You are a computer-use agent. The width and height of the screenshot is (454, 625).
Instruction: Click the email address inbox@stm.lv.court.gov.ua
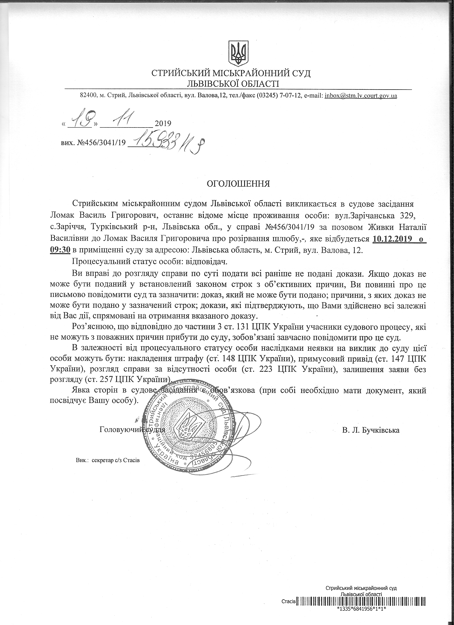pos(361,96)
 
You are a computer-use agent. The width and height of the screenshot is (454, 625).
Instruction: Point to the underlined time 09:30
pos(60,250)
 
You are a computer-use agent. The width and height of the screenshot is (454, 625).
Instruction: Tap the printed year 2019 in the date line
pos(163,123)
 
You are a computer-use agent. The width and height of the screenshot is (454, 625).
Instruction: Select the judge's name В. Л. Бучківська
pos(371,430)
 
